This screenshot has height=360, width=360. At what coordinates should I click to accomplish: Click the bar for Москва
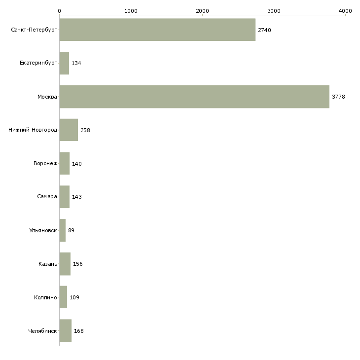coord(194,97)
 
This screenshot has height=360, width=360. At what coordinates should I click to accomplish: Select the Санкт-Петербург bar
coord(157,30)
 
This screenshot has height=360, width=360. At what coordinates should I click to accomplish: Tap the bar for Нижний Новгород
coord(69,130)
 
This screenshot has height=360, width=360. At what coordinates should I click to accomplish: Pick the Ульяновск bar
coord(63,230)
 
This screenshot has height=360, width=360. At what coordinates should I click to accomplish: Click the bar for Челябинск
coord(66,330)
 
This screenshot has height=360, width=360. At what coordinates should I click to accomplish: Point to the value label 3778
coord(338,97)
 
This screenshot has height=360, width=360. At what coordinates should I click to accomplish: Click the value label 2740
coord(264,30)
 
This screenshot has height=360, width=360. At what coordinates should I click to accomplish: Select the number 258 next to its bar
coord(85,130)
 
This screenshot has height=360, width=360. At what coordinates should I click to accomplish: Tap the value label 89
coord(71,230)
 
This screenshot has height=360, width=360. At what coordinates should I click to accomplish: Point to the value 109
coord(74,297)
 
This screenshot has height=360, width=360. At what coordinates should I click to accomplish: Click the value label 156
coord(78,264)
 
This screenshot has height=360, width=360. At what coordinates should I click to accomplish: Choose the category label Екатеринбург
coord(38,63)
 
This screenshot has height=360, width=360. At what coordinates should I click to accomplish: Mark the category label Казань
coord(48,264)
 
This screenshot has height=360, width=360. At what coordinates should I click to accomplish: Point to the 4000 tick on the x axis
coord(345,10)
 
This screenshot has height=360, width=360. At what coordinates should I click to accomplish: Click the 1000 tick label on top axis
coord(131,10)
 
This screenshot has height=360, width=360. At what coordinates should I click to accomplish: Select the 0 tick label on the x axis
coord(59,10)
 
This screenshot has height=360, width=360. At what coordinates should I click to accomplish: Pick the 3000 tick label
coord(274,10)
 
